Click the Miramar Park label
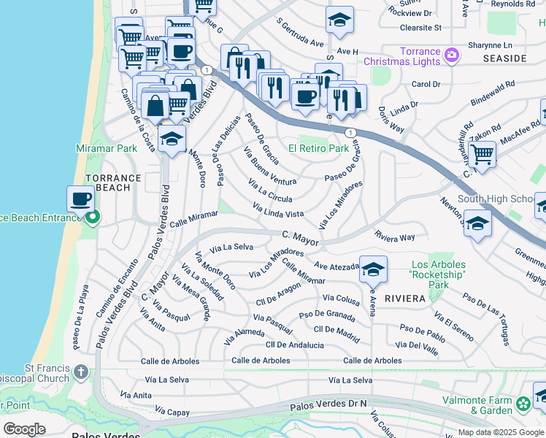click(x=106, y=148)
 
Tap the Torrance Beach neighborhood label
click(x=112, y=182)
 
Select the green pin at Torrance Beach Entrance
click(x=92, y=218)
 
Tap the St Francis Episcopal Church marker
click(x=80, y=373)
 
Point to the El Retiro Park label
click(x=318, y=148)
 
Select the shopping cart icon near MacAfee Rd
click(x=482, y=154)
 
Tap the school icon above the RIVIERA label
click(x=373, y=270)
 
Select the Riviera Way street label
click(x=394, y=237)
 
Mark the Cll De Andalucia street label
click(x=294, y=345)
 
